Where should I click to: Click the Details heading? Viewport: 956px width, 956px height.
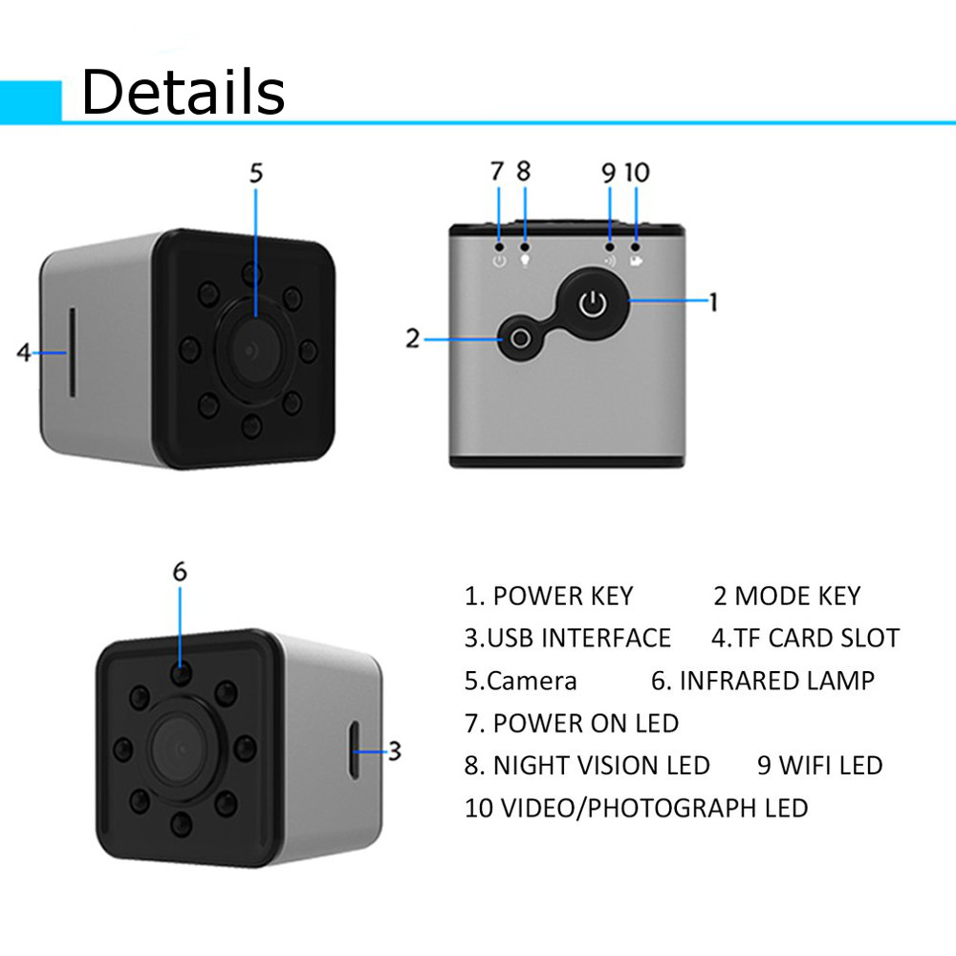point(183,92)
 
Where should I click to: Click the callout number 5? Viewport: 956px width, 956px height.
point(255,172)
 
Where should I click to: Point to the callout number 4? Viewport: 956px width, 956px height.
point(24,352)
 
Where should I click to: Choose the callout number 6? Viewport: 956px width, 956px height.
point(180,571)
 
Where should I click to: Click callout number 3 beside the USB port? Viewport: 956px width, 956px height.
point(394,750)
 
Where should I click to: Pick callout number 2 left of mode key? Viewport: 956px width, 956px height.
point(412,338)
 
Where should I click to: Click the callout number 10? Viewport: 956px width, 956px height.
point(637,172)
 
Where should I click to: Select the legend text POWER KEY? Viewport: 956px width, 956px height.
point(549,596)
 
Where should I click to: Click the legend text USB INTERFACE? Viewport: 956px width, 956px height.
point(568,638)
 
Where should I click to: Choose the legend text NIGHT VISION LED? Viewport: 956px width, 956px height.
point(587,765)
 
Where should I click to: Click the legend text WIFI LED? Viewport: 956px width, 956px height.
point(819,765)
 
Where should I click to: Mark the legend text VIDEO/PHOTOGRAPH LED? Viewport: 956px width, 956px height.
point(636,808)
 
